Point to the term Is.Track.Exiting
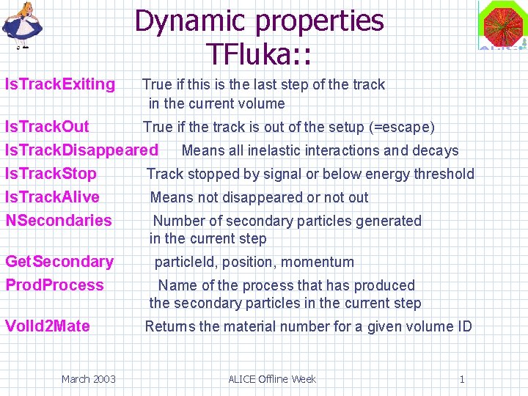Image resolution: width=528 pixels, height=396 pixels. tap(60, 84)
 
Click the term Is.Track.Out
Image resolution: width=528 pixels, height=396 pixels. tap(47, 127)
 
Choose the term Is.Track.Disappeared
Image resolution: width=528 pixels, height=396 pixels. tap(81, 150)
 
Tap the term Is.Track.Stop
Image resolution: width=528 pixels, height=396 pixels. tap(51, 174)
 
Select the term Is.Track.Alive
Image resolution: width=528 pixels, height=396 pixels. tap(52, 197)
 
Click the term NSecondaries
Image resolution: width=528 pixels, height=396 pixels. tap(59, 221)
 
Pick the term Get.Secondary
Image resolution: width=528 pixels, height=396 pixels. tap(59, 262)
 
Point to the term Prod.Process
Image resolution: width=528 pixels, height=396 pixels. tap(55, 285)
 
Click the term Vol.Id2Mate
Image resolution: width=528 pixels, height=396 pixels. tap(48, 326)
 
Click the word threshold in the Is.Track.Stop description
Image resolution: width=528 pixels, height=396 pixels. tap(443, 174)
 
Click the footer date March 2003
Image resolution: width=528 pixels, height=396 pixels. tap(88, 379)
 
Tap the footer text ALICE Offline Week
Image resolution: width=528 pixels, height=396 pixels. tap(272, 379)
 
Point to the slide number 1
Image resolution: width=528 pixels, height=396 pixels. tap(462, 379)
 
